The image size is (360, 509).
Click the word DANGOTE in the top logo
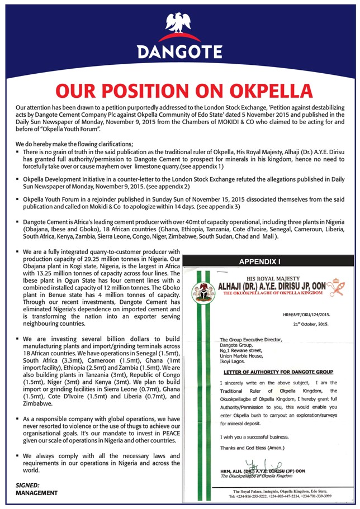tap(180, 52)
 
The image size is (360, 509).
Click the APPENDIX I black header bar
tap(270, 261)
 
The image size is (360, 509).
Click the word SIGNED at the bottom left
tap(28, 485)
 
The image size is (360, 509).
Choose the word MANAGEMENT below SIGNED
tap(36, 493)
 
